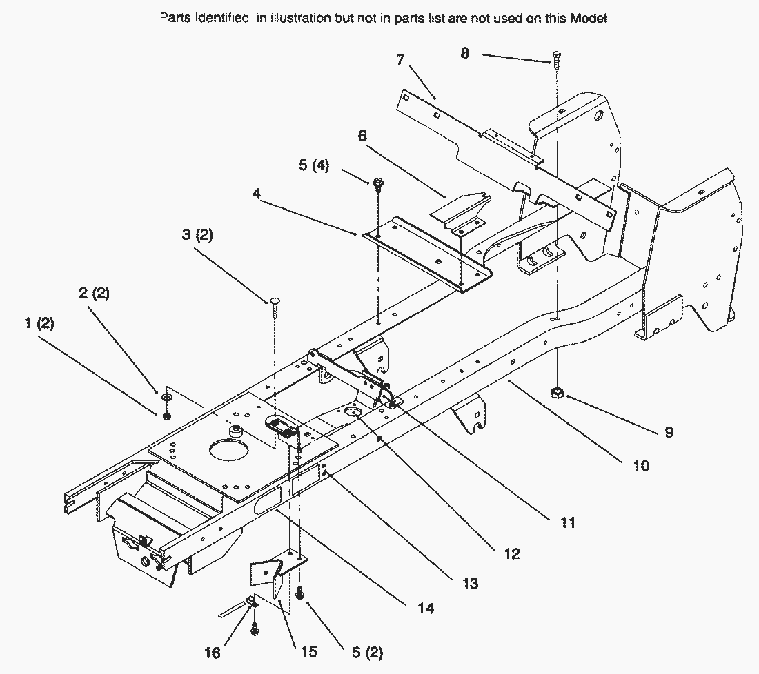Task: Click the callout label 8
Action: click(464, 53)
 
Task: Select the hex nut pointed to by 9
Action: click(558, 394)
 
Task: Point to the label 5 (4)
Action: click(313, 166)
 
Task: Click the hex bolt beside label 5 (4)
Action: click(377, 184)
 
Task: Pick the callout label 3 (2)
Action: click(197, 235)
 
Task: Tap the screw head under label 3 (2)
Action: click(275, 301)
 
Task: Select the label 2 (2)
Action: click(94, 294)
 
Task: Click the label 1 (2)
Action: click(39, 323)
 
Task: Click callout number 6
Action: click(362, 137)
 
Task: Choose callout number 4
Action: click(257, 195)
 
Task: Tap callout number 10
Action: click(640, 466)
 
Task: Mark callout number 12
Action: click(511, 553)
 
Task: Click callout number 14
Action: click(426, 609)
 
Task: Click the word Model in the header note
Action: click(588, 19)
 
